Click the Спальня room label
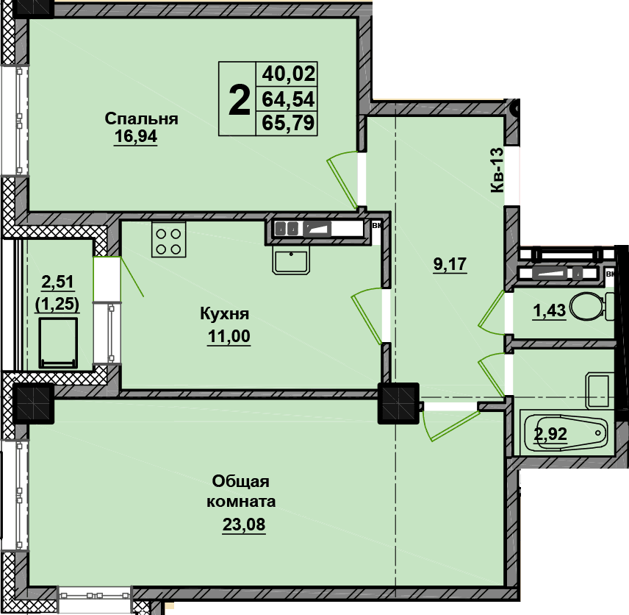click(x=141, y=119)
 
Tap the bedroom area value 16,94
click(x=136, y=137)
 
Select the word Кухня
click(x=225, y=313)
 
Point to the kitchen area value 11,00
click(x=229, y=335)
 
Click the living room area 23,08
click(x=244, y=525)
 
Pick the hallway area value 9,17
click(x=450, y=264)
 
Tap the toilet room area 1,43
click(x=549, y=310)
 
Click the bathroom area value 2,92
click(x=550, y=434)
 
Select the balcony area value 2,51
click(x=58, y=282)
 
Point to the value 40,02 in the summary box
click(x=289, y=74)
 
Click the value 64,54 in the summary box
click(x=289, y=99)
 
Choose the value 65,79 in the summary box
click(x=289, y=123)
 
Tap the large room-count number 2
click(x=239, y=101)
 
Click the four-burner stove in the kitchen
click(x=168, y=239)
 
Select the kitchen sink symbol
click(x=291, y=260)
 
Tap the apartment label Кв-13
click(x=497, y=170)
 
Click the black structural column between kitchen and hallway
click(x=398, y=403)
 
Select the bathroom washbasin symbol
click(x=600, y=391)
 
